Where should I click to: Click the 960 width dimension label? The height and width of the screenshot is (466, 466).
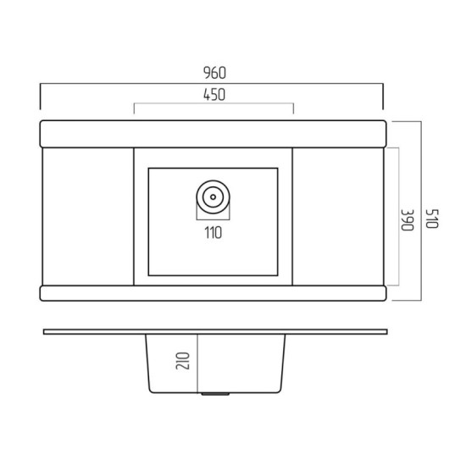pos(214,73)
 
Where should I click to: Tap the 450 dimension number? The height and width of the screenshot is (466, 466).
pos(214,95)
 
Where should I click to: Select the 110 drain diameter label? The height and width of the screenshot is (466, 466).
pos(213,233)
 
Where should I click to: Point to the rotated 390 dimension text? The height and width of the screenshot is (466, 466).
pos(408,220)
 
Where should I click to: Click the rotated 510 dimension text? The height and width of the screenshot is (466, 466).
pos(432,219)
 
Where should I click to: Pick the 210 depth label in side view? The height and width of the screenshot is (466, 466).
pos(182,361)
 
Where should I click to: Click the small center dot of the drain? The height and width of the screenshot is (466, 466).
pos(213,197)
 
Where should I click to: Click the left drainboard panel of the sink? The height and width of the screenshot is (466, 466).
pos(88,216)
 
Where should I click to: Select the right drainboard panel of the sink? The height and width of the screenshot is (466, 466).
pos(338,216)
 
